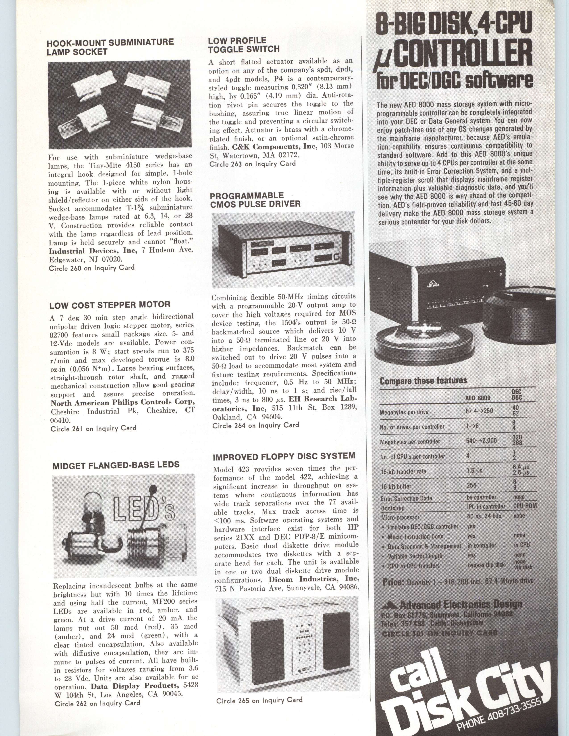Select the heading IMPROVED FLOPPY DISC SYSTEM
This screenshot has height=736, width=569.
pos(284,457)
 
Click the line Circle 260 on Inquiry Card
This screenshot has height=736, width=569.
pos(92,268)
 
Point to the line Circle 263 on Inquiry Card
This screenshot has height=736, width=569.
pos(252,164)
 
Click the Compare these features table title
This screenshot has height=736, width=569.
pos(423,381)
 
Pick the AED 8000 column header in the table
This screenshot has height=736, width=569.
pos(478,398)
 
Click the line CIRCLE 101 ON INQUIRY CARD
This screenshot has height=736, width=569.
pos(440,633)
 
